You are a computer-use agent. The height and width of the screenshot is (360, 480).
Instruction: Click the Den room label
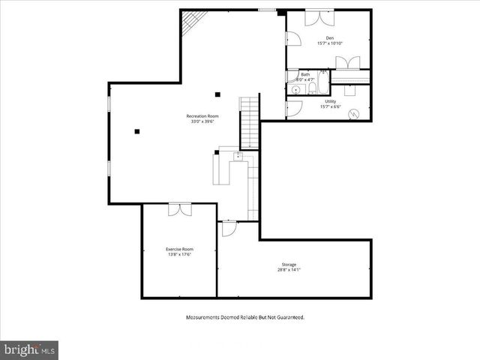329,37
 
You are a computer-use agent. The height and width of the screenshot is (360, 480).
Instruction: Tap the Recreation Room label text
202,116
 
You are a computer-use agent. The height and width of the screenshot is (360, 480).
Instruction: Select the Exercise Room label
179,249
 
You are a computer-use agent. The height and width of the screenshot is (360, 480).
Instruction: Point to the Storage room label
289,264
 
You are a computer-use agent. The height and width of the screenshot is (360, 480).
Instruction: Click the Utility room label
330,101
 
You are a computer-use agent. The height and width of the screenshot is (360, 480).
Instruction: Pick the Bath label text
305,74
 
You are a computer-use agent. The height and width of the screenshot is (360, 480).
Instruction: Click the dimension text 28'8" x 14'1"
289,270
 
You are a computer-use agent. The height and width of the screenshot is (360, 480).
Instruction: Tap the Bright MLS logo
29,349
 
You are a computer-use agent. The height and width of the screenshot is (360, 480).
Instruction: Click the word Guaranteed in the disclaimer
286,318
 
